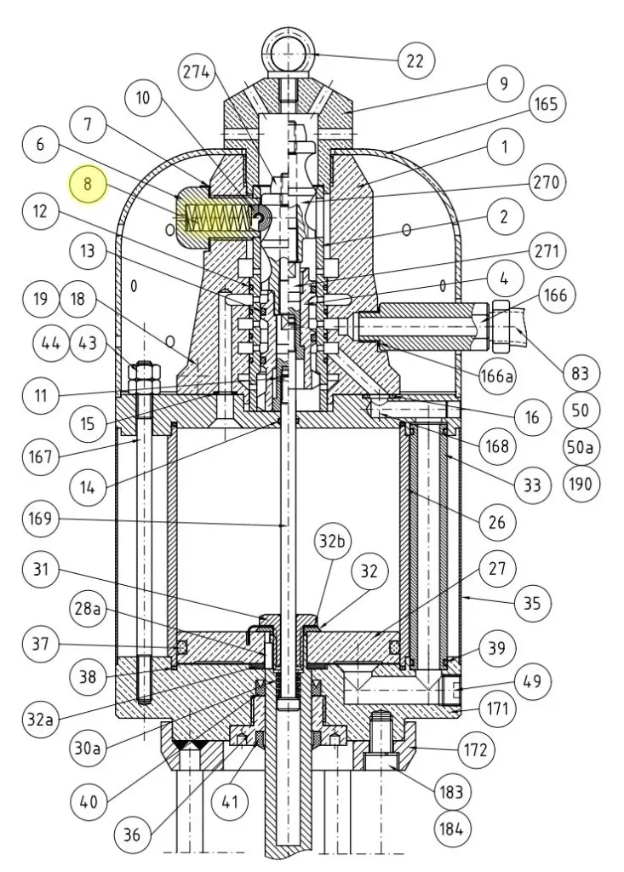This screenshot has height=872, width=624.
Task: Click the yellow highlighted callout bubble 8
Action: pos(89,184)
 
